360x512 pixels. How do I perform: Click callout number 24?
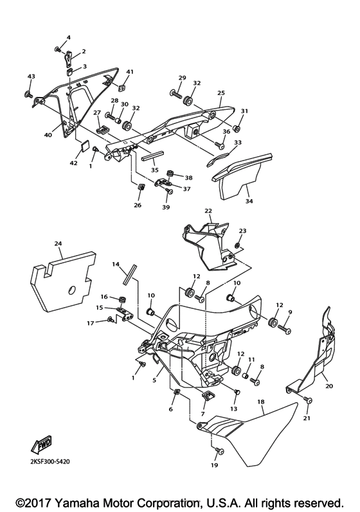coord(59,243)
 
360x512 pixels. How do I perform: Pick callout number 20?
coord(330,387)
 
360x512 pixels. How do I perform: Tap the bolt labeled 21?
coord(308,401)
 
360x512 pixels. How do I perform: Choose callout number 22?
coord(208,211)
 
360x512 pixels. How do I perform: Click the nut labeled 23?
coord(237,246)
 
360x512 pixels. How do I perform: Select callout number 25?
coord(221,93)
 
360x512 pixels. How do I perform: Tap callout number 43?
coord(30,76)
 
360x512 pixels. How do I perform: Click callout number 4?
coord(68,38)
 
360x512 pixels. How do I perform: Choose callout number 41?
coord(129,71)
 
